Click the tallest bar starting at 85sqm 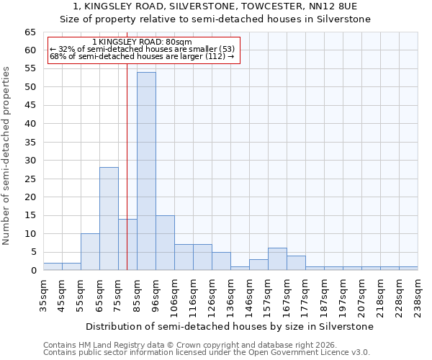(x=146, y=171)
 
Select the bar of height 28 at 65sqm (x=109, y=219)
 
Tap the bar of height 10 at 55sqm (x=90, y=252)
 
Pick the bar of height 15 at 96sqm (x=165, y=243)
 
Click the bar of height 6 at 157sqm (x=277, y=259)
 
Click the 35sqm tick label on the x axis (x=43, y=296)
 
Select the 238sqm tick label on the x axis (x=418, y=296)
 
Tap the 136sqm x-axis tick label (x=230, y=296)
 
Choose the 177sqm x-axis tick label (x=305, y=296)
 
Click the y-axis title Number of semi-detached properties (x=7, y=156)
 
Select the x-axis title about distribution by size (x=230, y=326)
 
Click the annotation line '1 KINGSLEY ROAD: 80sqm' (x=142, y=42)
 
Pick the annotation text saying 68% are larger (x=142, y=56)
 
